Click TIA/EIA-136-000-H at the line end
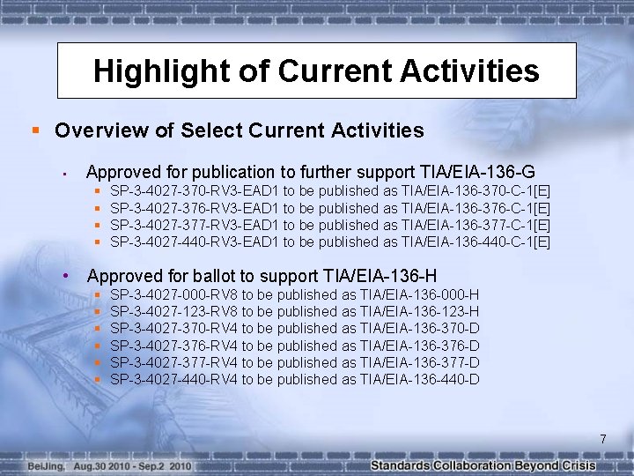[420, 294]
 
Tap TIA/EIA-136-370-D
[420, 328]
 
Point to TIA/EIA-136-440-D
[420, 379]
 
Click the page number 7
[603, 439]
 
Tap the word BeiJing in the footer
[45, 465]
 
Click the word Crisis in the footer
[577, 465]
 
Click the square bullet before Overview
[35, 131]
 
